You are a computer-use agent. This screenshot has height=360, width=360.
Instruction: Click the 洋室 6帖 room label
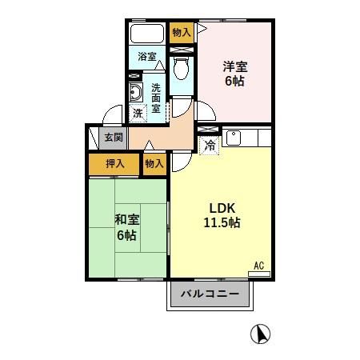pos(233,74)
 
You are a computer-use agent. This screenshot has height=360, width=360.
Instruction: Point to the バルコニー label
pos(210,294)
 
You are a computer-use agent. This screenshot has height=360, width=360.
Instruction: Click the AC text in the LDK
pos(258,265)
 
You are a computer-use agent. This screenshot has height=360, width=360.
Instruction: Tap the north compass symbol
pos(260,334)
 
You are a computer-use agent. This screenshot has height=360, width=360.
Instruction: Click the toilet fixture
pos(182,69)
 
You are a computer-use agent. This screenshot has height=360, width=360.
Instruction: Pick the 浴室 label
pos(146,57)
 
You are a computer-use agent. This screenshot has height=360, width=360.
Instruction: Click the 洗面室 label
pos(157,97)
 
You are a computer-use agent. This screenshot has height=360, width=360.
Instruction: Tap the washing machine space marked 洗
pos(138,114)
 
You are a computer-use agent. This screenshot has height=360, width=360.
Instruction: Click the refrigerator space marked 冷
pos(209,146)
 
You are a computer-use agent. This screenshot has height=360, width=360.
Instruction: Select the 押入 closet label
pos(115,163)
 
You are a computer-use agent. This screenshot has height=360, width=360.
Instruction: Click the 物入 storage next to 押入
pos(154,163)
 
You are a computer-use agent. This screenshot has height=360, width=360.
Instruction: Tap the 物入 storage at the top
pos(182,32)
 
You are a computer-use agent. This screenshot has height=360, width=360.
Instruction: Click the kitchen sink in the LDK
pos(234,137)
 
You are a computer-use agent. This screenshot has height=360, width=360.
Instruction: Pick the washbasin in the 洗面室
pos(135,94)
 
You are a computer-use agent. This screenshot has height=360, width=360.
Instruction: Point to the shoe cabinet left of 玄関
pos(94,138)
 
